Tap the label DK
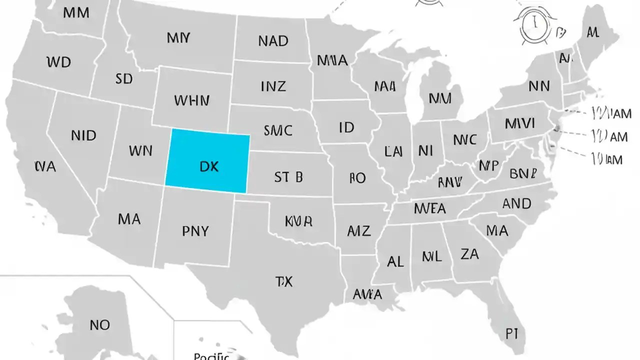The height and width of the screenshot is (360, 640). click(x=209, y=166)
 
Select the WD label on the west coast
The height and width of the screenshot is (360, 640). click(x=58, y=62)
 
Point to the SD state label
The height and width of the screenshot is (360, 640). click(x=123, y=78)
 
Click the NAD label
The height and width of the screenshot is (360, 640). click(x=273, y=41)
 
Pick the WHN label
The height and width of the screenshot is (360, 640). click(x=191, y=100)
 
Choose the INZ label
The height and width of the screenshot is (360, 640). click(x=273, y=86)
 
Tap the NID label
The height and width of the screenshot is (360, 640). click(x=83, y=135)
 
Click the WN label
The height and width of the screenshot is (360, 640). click(x=140, y=150)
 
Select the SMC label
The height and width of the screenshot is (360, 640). click(x=277, y=130)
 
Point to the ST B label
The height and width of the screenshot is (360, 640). click(x=288, y=176)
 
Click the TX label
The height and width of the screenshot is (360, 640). click(x=283, y=281)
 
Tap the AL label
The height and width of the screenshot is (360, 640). click(x=395, y=261)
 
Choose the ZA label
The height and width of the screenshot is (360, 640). click(x=469, y=254)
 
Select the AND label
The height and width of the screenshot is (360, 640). click(x=516, y=204)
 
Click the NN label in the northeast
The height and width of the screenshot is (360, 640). click(x=538, y=86)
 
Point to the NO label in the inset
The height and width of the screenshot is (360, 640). click(x=99, y=325)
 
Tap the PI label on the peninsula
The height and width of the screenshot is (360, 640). click(x=511, y=334)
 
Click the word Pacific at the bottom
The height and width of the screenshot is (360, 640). click(x=211, y=356)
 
